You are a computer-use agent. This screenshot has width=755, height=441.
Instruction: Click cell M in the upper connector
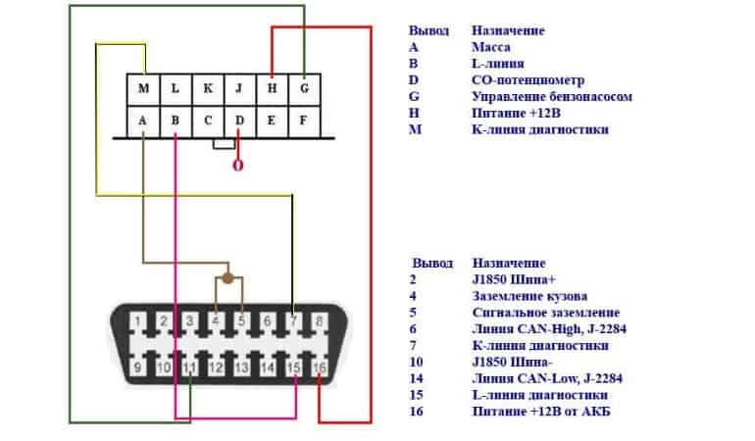point(144,89)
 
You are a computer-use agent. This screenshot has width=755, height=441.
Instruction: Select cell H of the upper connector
point(272,89)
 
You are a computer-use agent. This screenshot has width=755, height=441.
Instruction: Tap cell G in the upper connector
point(304,89)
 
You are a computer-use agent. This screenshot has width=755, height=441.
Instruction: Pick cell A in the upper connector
point(144,122)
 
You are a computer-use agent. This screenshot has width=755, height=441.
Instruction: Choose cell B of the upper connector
point(176,122)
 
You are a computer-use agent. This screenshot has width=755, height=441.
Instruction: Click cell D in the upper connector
point(239,122)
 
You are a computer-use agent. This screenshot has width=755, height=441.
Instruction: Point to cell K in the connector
point(208,89)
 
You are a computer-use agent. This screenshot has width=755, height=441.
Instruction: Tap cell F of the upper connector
point(304,122)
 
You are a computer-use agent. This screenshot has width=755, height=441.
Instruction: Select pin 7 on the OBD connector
point(293,320)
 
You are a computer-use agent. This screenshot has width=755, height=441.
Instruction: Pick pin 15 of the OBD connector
point(293,367)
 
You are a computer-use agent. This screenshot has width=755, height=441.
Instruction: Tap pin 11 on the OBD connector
point(191,367)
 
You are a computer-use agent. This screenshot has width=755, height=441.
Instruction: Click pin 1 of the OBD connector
point(140,320)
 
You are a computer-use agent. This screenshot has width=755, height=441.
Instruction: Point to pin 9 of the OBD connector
point(140,367)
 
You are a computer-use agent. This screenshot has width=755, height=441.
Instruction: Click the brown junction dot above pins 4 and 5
point(227,279)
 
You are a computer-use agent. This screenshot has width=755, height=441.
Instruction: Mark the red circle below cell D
point(237,166)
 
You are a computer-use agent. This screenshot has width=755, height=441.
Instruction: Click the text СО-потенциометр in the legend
point(528,79)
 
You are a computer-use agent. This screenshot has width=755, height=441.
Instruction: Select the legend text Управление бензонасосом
point(551,96)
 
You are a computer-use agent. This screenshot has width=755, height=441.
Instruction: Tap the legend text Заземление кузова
point(529,296)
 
